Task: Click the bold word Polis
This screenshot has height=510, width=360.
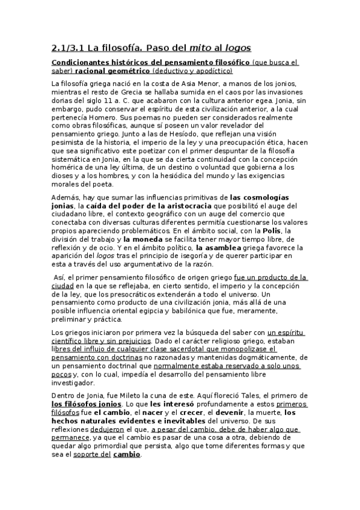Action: (291, 230)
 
